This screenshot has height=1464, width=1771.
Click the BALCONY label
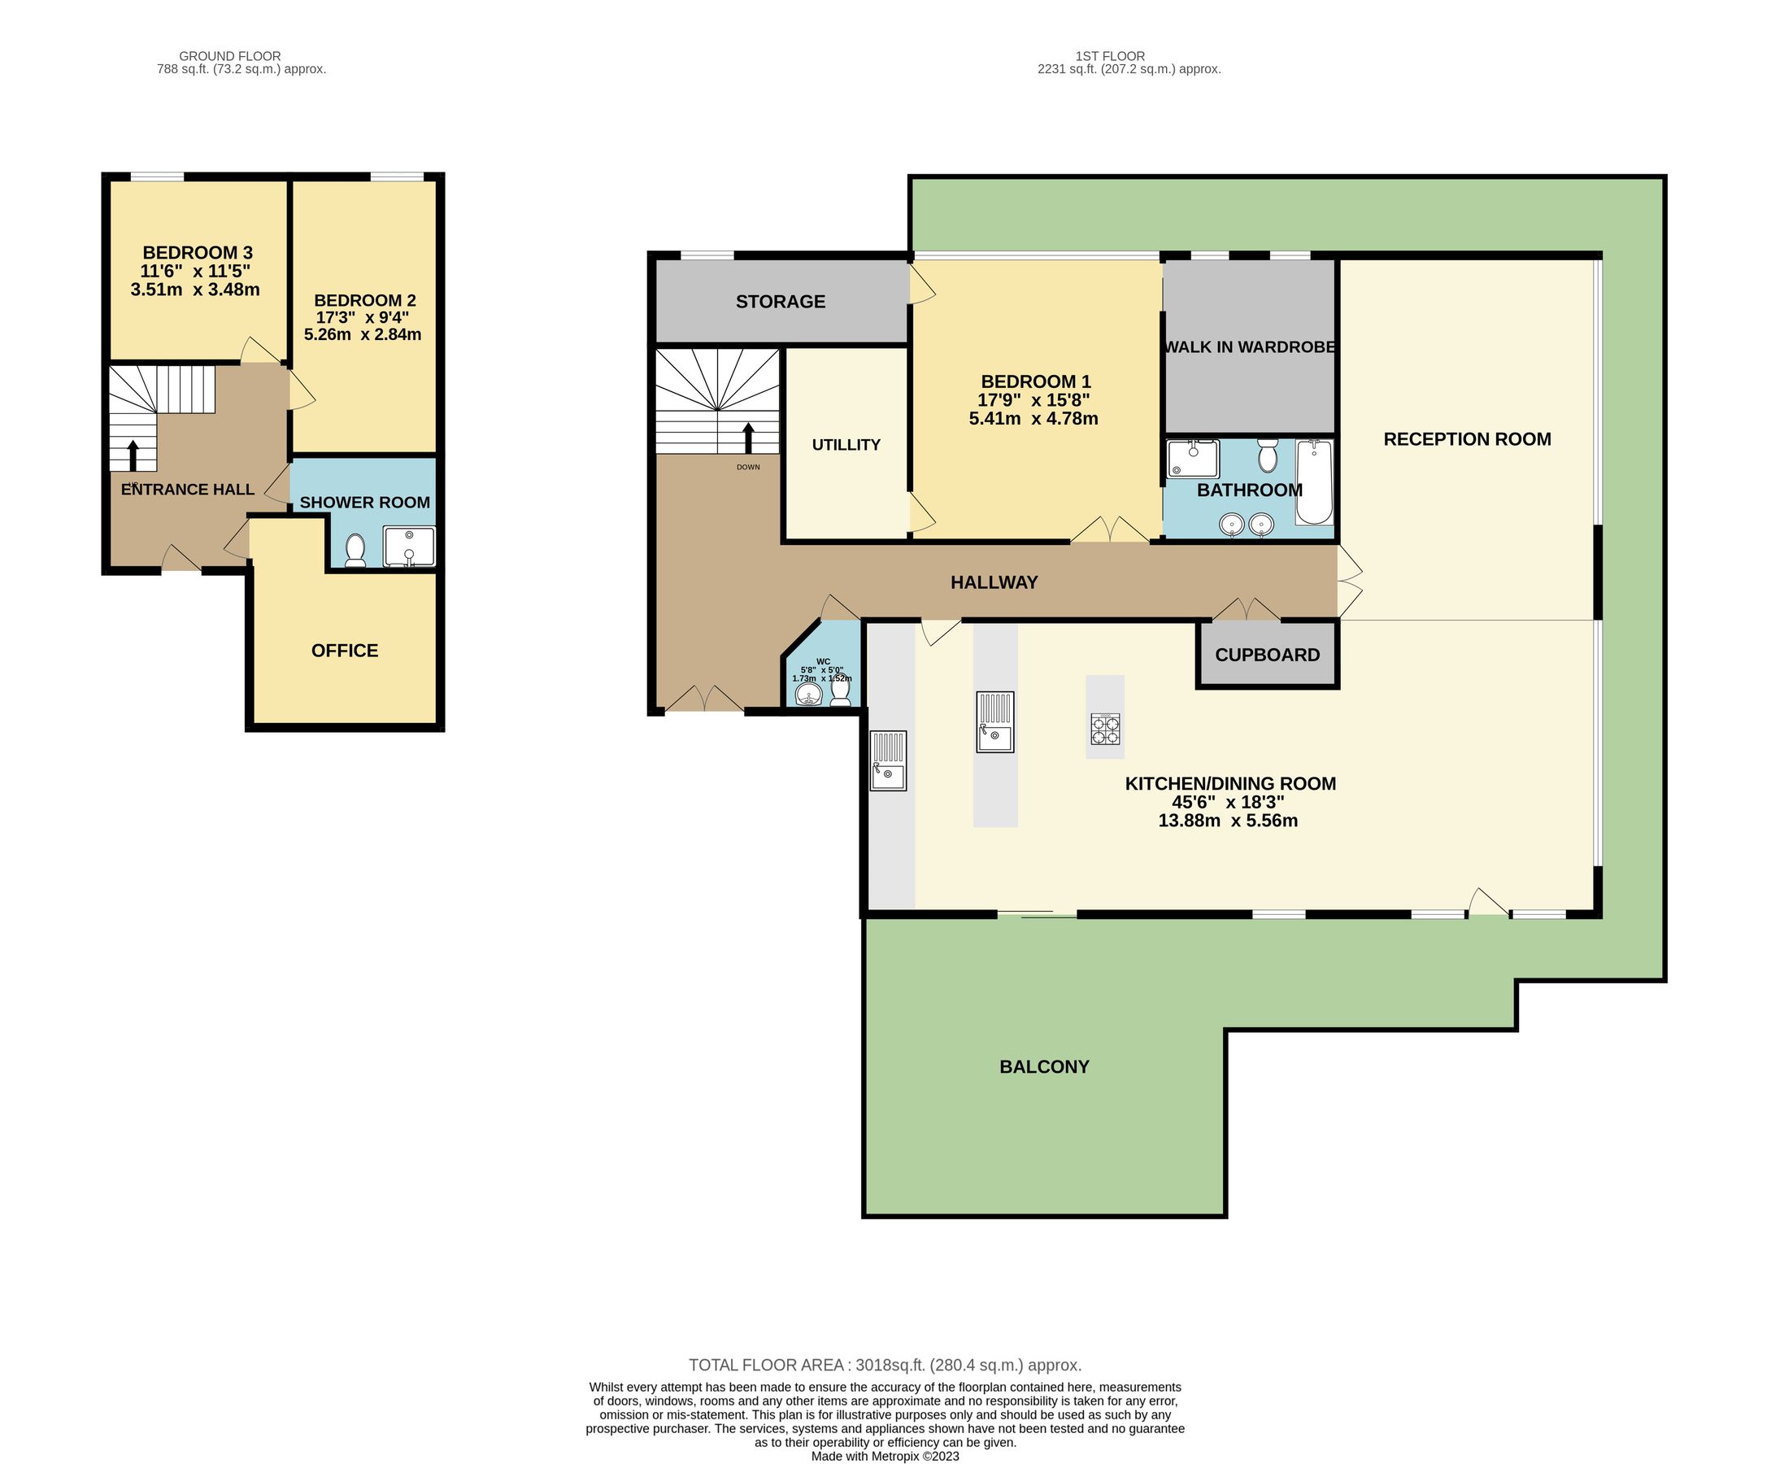tap(1043, 1067)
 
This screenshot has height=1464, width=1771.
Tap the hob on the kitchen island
tap(1105, 729)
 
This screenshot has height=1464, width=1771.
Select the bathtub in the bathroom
tap(1313, 482)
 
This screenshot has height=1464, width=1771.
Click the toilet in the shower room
tap(355, 550)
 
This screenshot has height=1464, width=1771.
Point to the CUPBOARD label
tap(1267, 656)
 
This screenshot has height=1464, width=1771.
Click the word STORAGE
tap(780, 302)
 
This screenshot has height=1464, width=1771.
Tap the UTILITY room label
tap(846, 445)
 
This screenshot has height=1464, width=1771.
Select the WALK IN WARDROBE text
tap(1249, 346)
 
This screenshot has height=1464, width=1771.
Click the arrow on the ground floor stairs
tap(133, 455)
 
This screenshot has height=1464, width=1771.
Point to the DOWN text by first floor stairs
tap(748, 467)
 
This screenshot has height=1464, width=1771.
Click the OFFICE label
tap(344, 651)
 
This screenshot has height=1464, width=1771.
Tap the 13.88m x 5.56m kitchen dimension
tap(1227, 821)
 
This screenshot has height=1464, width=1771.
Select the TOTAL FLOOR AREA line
tap(884, 1365)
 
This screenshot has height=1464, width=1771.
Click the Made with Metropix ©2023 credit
tap(884, 1456)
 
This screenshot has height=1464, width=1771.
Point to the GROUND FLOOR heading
tap(229, 56)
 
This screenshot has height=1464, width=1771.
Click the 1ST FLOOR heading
tap(1109, 56)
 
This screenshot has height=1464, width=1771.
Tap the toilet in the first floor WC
tap(840, 691)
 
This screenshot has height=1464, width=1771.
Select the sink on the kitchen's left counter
tap(888, 760)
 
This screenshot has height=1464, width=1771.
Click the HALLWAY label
tap(993, 582)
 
